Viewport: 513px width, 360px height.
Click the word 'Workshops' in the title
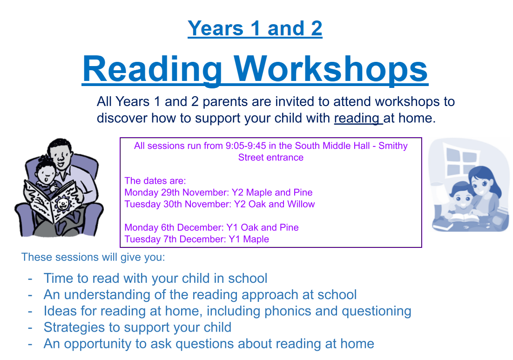[x=331, y=69]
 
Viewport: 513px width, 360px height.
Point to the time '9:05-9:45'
[x=246, y=146]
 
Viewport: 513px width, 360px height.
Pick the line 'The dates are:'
[x=155, y=181]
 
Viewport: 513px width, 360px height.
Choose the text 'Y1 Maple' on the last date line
[x=249, y=239]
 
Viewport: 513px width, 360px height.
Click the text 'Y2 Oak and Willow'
[x=274, y=204]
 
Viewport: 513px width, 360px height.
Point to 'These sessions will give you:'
[x=93, y=257]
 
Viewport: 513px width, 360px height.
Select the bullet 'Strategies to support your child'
[x=137, y=327]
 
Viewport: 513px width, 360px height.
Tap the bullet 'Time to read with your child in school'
[x=155, y=278]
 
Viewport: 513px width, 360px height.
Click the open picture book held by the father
[x=52, y=200]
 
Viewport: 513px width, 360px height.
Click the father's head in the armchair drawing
[x=60, y=153]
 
